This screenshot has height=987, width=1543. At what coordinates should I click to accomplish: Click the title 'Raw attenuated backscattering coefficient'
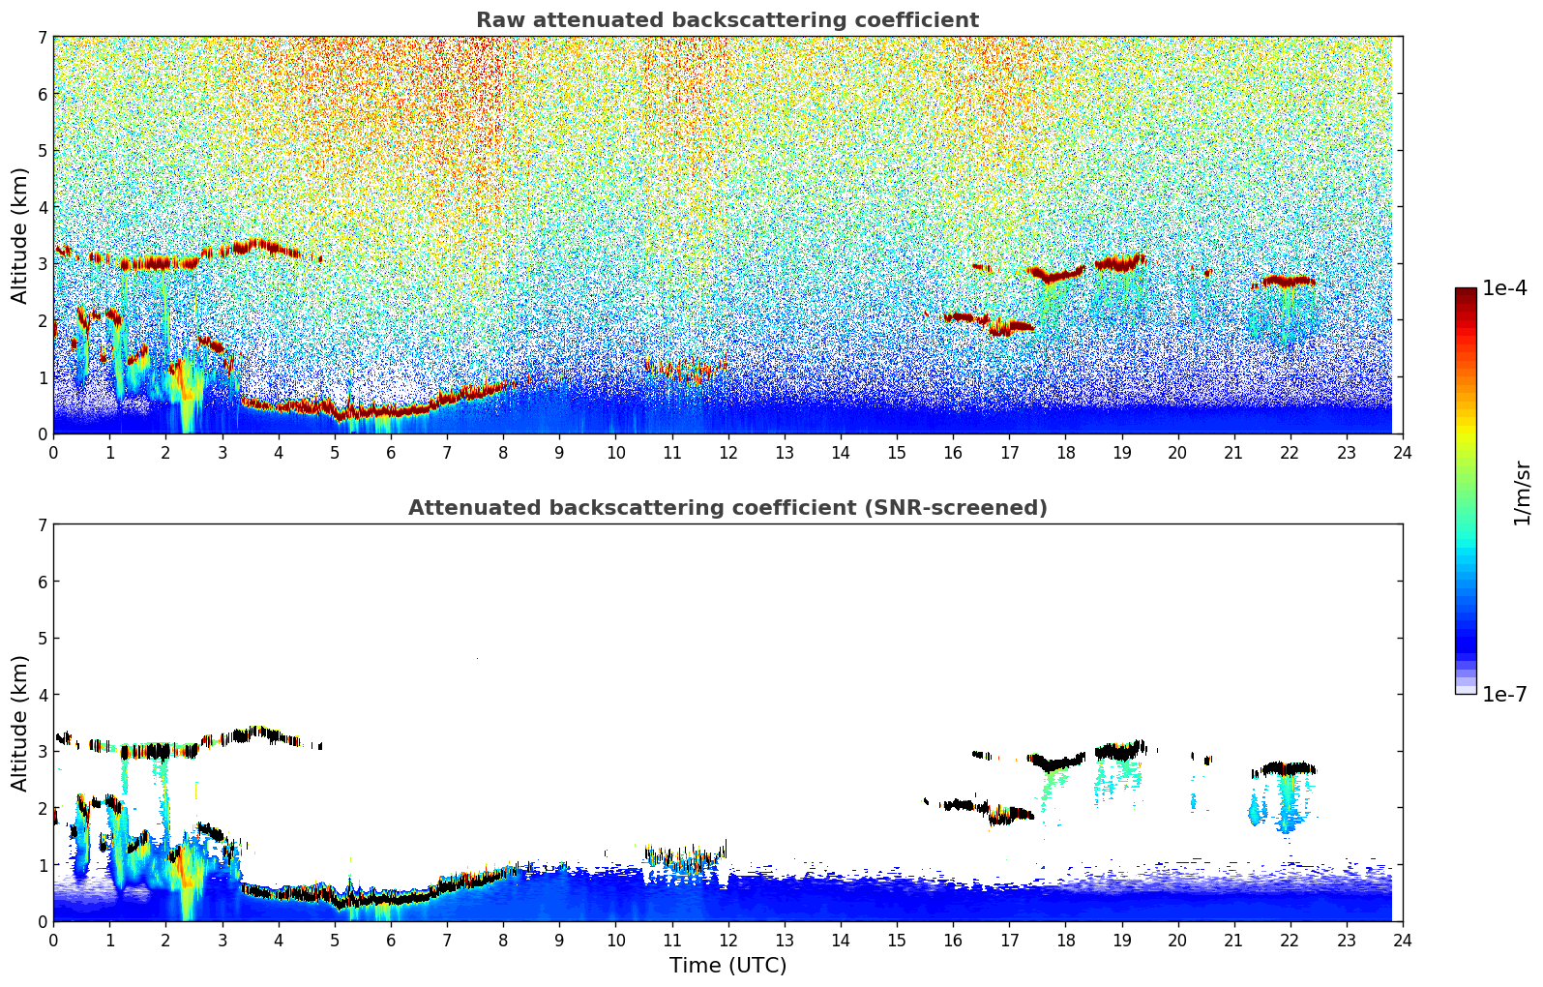click(x=727, y=20)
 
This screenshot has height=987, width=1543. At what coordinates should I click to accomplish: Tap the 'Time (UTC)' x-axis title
click(x=727, y=966)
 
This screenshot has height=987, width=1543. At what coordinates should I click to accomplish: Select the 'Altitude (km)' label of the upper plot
click(x=19, y=235)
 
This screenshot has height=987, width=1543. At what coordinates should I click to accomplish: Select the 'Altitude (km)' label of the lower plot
click(x=19, y=723)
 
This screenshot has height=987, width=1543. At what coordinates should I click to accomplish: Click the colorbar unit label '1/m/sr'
click(x=1522, y=492)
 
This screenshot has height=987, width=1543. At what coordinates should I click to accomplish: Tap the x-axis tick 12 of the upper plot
click(x=727, y=452)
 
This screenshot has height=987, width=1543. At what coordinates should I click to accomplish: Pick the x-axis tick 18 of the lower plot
click(x=1065, y=940)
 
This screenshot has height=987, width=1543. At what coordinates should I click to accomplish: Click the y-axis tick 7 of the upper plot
click(x=42, y=38)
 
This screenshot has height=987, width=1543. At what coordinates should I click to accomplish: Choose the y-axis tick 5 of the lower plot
click(x=42, y=639)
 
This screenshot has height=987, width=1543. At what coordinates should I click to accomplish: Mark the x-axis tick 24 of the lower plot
click(x=1402, y=940)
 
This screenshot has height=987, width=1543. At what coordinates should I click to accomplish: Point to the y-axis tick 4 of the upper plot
click(x=42, y=207)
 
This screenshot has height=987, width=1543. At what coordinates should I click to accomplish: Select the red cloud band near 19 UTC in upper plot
click(x=1119, y=262)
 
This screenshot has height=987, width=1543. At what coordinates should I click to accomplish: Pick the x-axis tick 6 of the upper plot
click(x=391, y=452)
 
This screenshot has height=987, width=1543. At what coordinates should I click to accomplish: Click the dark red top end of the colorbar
click(x=1465, y=293)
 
